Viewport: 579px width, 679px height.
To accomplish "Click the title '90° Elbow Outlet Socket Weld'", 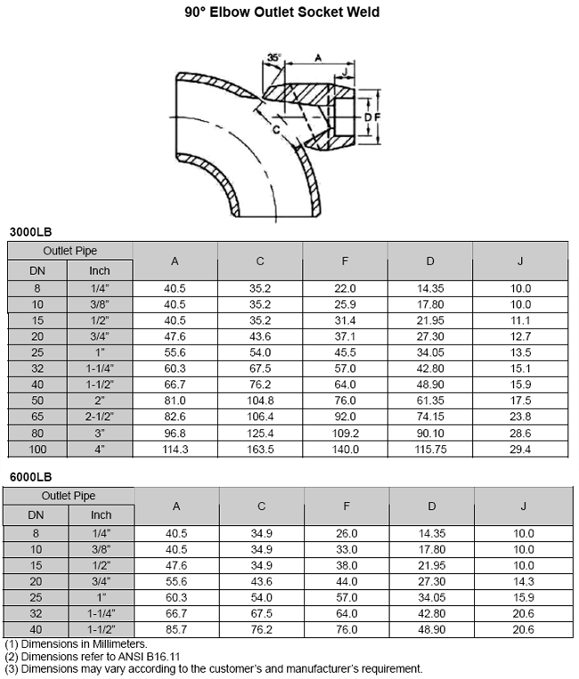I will coord(290,12).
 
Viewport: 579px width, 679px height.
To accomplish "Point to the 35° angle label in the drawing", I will coord(273,59).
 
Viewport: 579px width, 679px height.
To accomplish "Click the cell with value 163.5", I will coord(260,449).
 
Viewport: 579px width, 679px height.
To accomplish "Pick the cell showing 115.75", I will coord(430,449).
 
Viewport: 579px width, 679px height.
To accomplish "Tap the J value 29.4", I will coord(520,449).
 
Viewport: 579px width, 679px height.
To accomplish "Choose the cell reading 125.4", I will coord(260,433).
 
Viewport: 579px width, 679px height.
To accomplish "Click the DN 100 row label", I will coord(37,449).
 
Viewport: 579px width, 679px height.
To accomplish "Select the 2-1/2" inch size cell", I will coord(100,417).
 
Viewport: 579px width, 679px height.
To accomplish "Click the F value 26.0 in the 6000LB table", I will coord(345,533).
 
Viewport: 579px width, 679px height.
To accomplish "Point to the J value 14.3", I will coord(520,581).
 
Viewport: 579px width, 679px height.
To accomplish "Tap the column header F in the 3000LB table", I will coord(345,261).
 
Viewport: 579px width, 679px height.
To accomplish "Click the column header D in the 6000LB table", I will coord(430,506).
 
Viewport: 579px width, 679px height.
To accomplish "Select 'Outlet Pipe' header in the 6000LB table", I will coord(69,496).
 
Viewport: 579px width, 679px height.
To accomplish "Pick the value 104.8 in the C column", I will coord(260,401).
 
